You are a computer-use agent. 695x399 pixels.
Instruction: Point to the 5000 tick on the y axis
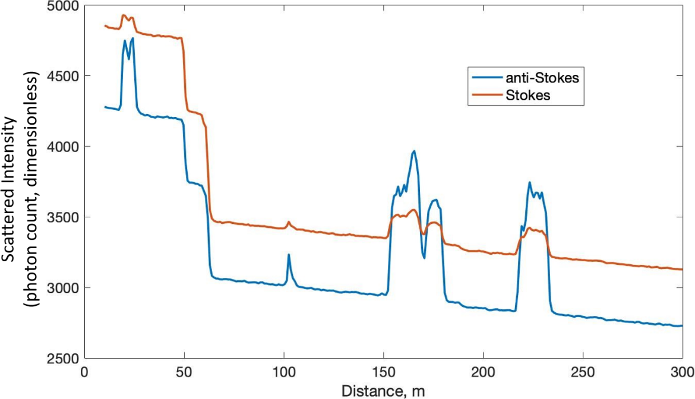click(x=66, y=6)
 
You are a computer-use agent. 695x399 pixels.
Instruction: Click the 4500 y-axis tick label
click(x=66, y=76)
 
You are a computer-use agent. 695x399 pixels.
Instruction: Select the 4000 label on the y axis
click(x=66, y=147)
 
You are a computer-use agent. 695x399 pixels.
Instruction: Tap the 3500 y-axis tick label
click(x=66, y=217)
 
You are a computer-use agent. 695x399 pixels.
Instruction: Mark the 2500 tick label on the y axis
click(x=66, y=359)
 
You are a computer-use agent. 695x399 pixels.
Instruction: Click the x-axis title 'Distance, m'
click(x=383, y=390)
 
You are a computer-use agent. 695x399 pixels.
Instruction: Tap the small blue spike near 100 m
click(x=289, y=255)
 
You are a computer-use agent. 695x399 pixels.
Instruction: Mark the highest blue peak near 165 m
click(x=414, y=151)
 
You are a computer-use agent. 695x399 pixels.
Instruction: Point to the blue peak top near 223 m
click(x=529, y=183)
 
